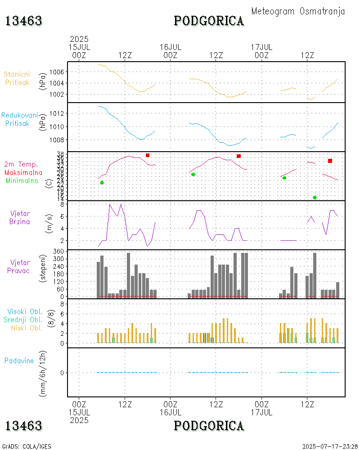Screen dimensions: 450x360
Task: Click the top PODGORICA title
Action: coord(209,21)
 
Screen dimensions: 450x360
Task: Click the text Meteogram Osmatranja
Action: coord(298,11)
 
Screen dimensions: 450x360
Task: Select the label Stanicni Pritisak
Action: coord(18,78)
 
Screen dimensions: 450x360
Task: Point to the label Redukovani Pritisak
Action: coord(18,119)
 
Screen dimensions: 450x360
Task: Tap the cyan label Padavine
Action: coord(19,360)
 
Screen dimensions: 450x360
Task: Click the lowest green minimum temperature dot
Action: coord(315,198)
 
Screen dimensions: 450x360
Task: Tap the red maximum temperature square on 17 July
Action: coord(330,161)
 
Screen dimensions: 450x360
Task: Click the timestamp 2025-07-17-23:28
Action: coord(330,446)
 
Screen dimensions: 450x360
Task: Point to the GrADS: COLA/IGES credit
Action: coord(27,446)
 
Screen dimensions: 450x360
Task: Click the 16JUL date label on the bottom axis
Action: coord(170,412)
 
